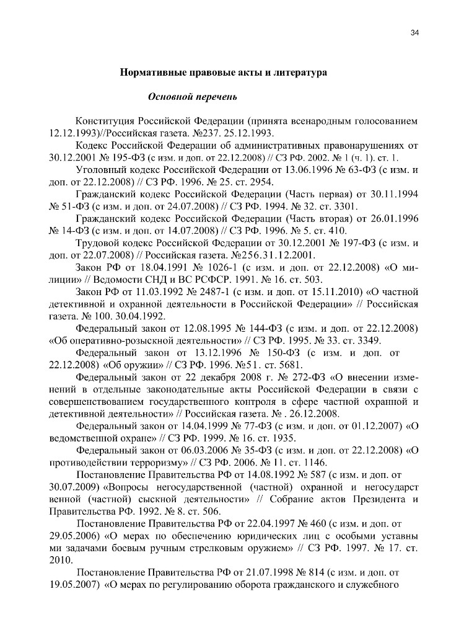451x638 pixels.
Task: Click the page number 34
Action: pos(414,33)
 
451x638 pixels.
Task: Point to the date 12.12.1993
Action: pos(70,133)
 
